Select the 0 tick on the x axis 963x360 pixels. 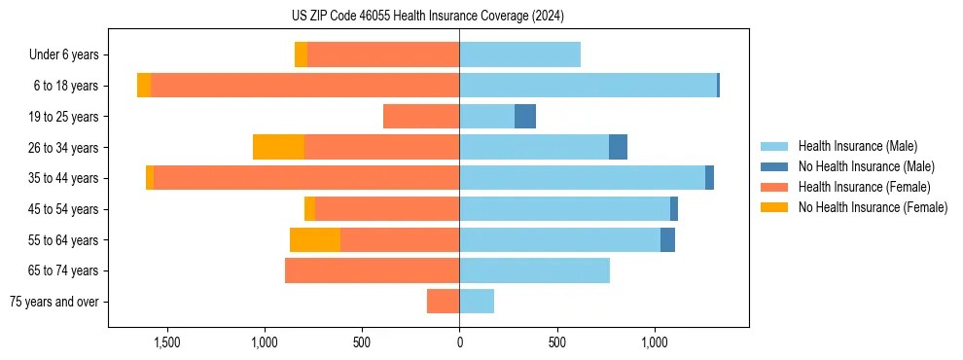coord(459,342)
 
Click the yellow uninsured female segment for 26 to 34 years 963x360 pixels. coord(278,147)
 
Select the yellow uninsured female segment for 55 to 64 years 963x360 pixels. coord(315,239)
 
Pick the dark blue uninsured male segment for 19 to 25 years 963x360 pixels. coord(525,117)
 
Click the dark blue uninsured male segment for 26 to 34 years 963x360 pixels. coord(618,147)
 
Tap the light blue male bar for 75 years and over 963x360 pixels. coord(477,302)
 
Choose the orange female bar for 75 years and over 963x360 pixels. coord(444,302)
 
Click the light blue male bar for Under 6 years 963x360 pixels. coord(519,55)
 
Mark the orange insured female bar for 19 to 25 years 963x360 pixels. coord(421,117)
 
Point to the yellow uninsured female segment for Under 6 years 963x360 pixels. coord(301,55)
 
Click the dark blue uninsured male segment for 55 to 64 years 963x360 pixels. coord(667,239)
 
